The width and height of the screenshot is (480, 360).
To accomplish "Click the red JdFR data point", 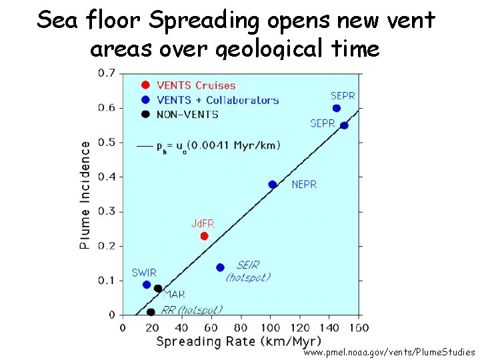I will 204,236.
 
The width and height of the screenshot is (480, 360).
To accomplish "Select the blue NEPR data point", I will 272,185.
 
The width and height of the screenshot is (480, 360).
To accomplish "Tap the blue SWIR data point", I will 147,285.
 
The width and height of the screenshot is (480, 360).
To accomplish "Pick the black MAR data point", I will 158,289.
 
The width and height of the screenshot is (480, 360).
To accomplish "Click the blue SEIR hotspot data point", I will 220,267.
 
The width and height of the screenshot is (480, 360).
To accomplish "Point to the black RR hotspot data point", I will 151,312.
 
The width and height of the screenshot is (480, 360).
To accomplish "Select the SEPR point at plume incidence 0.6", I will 336,108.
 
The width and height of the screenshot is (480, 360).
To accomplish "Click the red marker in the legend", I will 145,85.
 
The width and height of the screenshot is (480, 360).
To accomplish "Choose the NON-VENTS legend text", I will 187,114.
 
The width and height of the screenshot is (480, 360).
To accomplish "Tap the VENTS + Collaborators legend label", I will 217,100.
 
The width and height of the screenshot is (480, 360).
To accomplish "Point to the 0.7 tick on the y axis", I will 106,73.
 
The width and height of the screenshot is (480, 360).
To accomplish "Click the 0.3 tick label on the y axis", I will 106,211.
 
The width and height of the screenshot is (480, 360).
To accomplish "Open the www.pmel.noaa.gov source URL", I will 390,351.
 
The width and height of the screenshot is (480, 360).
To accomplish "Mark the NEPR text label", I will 304,185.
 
